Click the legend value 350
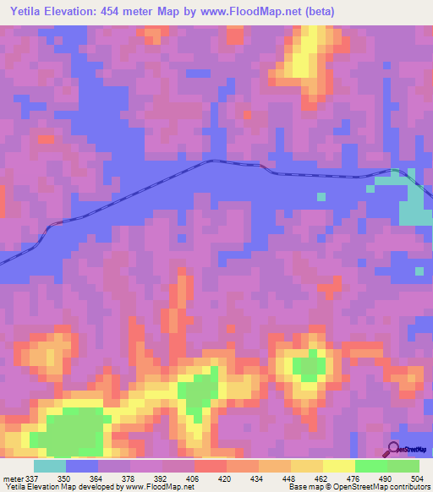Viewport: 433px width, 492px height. [x=75, y=478]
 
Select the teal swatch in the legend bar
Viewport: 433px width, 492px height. [x=50, y=466]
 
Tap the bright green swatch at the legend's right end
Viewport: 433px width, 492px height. [x=403, y=466]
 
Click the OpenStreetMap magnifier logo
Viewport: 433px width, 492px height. [x=392, y=449]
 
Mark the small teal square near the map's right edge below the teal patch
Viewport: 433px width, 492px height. [x=419, y=271]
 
